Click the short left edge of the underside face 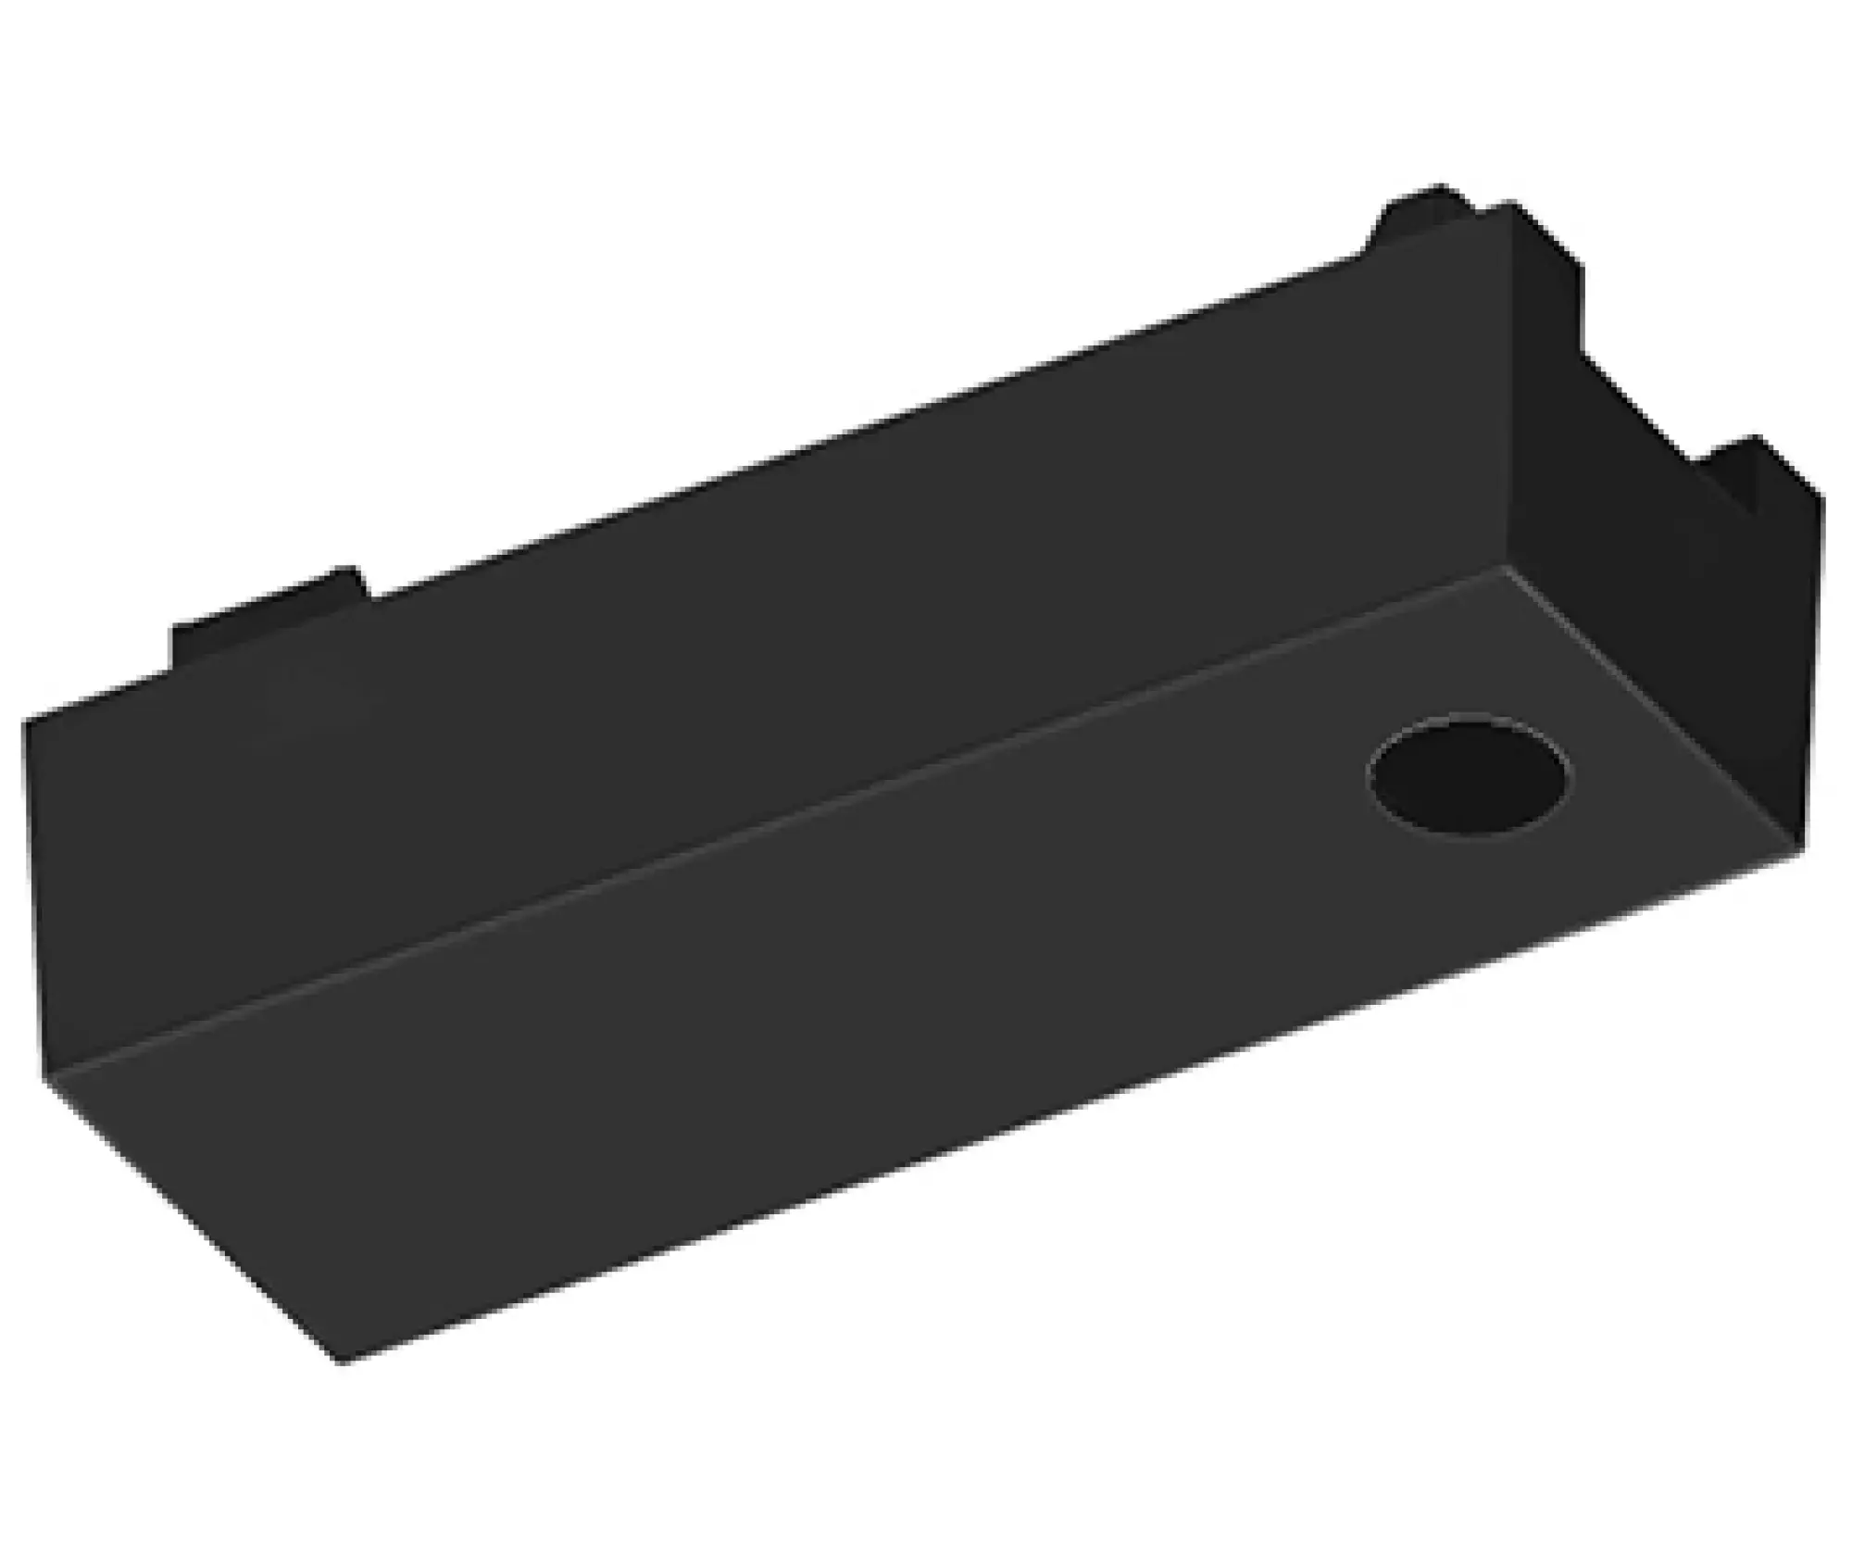194,1221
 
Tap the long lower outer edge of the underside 1074,1107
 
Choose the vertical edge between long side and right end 1511,389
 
